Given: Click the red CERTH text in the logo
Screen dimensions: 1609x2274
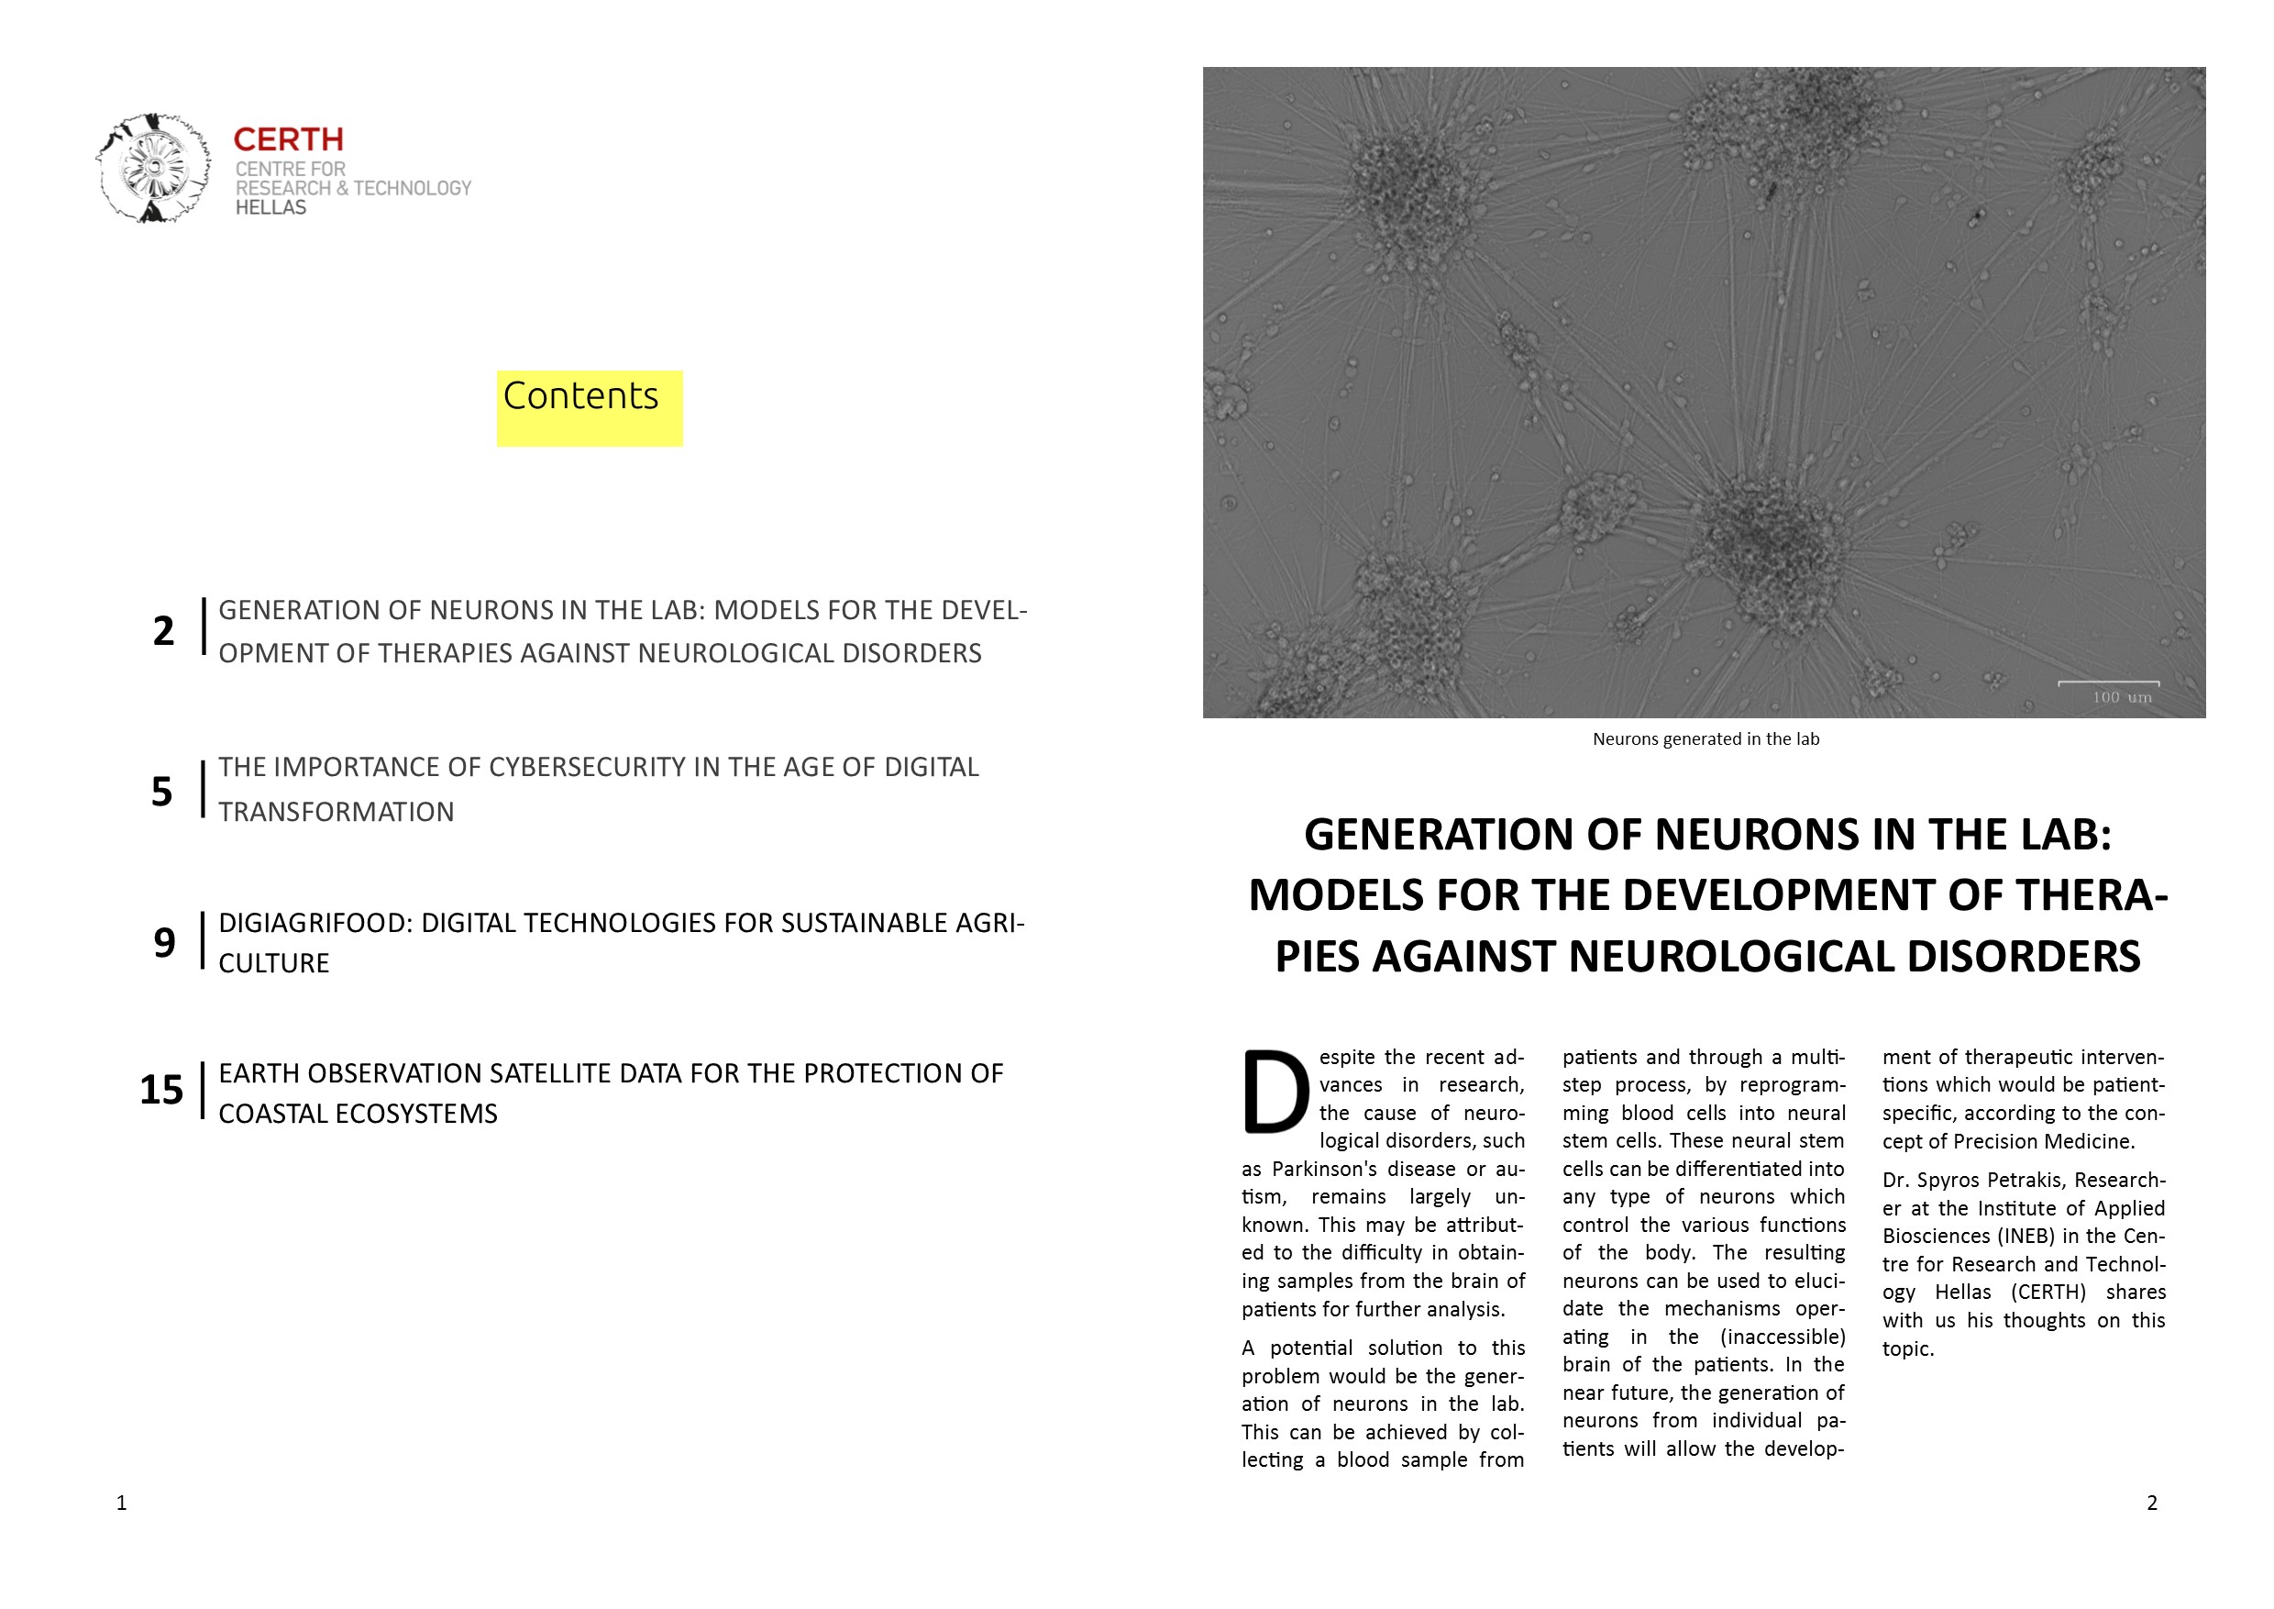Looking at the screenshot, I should pos(288,139).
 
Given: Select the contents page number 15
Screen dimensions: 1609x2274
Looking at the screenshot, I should pos(161,1090).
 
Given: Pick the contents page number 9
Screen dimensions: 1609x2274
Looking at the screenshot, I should pos(164,942).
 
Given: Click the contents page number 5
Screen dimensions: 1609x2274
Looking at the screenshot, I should pos(162,792).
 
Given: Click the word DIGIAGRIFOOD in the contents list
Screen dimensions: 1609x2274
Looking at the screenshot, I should pos(314,924).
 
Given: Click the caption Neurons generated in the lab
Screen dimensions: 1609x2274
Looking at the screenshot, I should pos(1705,739).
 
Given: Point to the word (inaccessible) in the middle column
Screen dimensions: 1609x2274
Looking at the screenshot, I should pos(1783,1337).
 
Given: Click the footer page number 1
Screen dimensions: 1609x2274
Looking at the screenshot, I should pos(122,1503).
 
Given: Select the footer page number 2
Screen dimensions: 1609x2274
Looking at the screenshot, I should pos(2151,1503).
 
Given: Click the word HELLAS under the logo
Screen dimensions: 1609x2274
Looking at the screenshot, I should pos(270,208).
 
